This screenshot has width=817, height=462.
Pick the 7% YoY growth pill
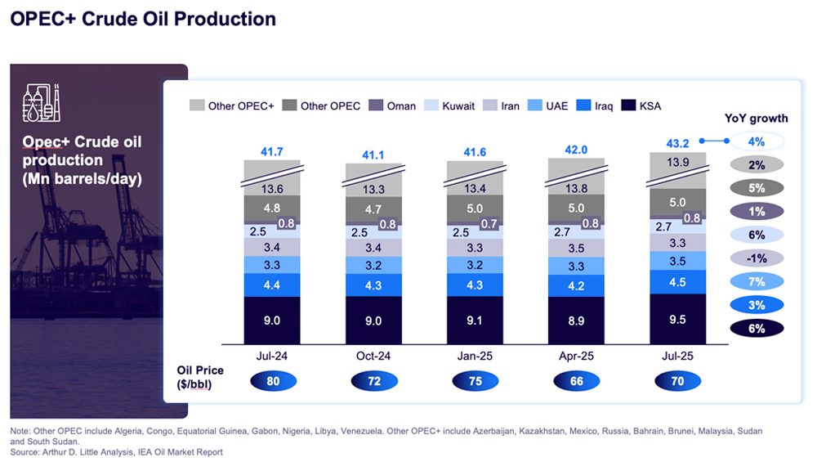click(x=757, y=282)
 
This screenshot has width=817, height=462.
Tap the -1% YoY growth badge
click(x=757, y=258)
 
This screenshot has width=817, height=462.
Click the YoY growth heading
click(x=756, y=119)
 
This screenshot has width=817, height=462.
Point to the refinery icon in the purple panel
click(x=41, y=103)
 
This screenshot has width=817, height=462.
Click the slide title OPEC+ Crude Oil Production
click(x=143, y=18)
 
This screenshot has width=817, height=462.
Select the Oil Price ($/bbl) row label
click(x=200, y=377)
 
